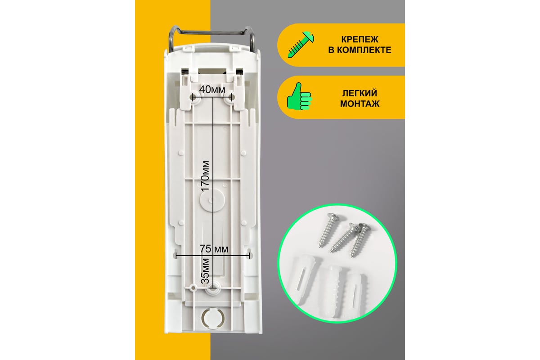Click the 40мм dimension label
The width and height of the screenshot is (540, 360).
pyautogui.click(x=212, y=90)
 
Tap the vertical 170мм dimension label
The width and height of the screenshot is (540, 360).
pyautogui.click(x=205, y=176)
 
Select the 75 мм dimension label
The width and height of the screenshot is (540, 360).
pyautogui.click(x=214, y=249)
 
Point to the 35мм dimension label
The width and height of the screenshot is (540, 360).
pyautogui.click(x=205, y=271)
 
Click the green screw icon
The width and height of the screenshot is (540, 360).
pyautogui.click(x=301, y=45)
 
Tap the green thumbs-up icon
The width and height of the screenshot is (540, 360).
pyautogui.click(x=299, y=96)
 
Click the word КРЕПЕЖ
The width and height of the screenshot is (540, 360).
pyautogui.click(x=360, y=39)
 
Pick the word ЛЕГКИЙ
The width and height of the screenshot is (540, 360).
pyautogui.click(x=360, y=93)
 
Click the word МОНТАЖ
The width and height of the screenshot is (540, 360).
pyautogui.click(x=360, y=104)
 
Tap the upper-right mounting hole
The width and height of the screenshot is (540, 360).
pyautogui.click(x=228, y=98)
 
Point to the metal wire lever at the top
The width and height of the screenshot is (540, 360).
pyautogui.click(x=212, y=32)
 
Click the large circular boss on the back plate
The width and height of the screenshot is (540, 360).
pyautogui.click(x=212, y=200)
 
